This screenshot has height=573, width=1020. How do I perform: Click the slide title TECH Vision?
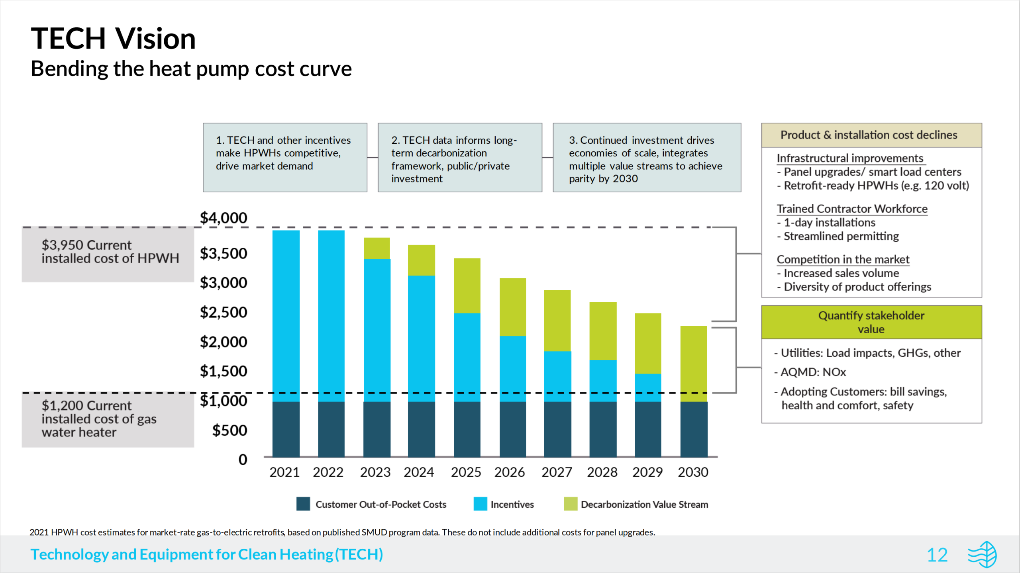[x=113, y=39]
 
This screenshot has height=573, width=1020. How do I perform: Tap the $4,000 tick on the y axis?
[x=223, y=218]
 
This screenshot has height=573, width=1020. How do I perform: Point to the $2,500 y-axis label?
[x=223, y=312]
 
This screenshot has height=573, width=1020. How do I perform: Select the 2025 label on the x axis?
[x=466, y=472]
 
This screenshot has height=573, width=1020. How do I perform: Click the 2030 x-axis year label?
[x=693, y=472]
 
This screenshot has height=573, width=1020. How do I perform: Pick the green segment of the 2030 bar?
[x=694, y=363]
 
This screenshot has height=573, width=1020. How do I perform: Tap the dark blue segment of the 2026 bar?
[x=512, y=429]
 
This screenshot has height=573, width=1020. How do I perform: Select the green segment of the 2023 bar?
[x=377, y=248]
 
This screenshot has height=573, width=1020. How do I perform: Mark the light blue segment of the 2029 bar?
[x=648, y=387]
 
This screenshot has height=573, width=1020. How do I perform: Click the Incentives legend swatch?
[x=480, y=504]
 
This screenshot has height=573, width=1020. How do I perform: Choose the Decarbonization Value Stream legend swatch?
[x=571, y=504]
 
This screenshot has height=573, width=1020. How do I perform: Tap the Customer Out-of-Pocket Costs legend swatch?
[x=303, y=504]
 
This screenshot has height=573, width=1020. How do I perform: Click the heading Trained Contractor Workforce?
[x=852, y=209]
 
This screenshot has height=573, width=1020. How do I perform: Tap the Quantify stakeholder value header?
[x=871, y=322]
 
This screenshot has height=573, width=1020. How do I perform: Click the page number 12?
[x=937, y=555]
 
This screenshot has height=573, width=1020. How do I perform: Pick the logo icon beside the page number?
[x=983, y=554]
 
